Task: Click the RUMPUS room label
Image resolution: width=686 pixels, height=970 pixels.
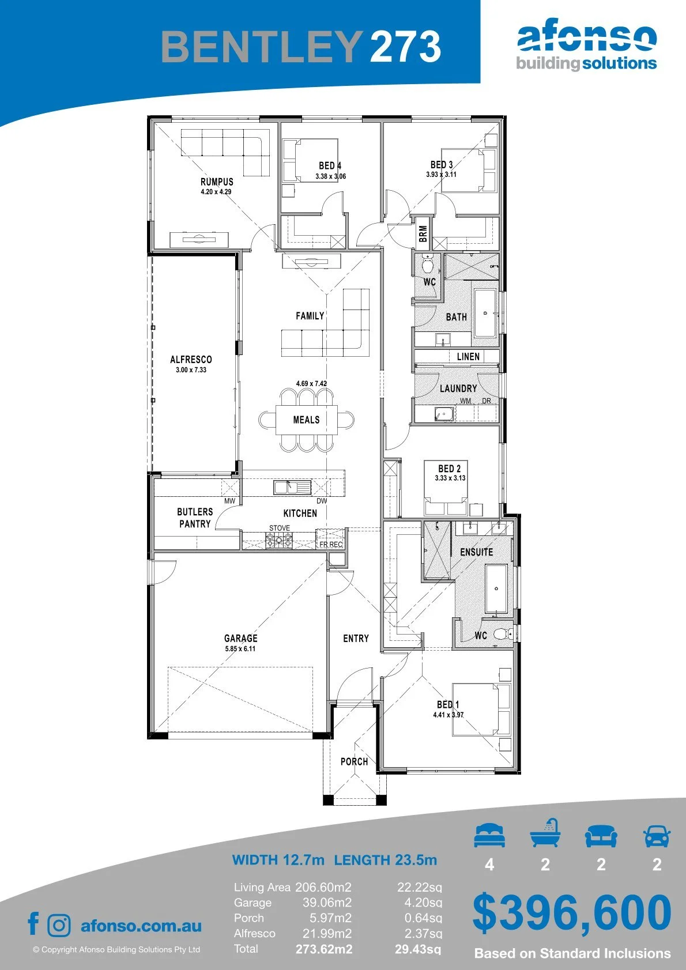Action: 217,182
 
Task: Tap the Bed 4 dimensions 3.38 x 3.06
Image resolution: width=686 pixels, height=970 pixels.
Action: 330,176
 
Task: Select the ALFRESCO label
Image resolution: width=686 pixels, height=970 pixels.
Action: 191,360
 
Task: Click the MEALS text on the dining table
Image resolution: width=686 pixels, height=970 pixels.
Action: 306,420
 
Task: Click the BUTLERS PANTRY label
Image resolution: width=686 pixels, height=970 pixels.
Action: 195,518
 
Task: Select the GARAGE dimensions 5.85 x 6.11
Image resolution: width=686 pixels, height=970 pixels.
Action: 240,649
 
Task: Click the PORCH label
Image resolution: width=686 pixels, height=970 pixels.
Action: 354,762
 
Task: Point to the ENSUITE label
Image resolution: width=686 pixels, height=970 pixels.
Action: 476,552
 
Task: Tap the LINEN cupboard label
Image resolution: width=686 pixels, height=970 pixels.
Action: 468,356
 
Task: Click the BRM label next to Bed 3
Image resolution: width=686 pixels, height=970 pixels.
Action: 423,233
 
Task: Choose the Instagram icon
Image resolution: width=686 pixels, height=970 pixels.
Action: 58,926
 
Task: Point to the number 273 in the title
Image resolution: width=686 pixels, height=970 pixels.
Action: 405,47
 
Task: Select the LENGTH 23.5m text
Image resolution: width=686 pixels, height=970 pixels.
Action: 386,860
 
